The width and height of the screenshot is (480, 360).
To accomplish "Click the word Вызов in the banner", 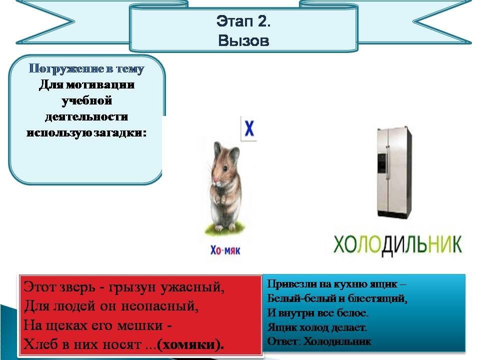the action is (x=243, y=40).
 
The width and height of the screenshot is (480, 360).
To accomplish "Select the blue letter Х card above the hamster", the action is (x=249, y=128).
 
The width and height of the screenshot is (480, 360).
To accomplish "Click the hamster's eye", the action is (x=225, y=168).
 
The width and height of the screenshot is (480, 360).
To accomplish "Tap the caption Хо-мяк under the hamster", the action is (x=225, y=250).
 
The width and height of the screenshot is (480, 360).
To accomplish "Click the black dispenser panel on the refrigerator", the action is (x=382, y=162).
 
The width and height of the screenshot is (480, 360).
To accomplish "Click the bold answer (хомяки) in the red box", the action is (x=190, y=344).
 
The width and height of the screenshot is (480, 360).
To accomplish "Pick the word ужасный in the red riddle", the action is (x=193, y=287).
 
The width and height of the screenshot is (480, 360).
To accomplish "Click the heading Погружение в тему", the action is (x=86, y=68).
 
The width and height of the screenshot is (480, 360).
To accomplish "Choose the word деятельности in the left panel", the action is (x=86, y=116).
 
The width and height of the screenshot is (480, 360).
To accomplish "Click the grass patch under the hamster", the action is (x=225, y=229).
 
